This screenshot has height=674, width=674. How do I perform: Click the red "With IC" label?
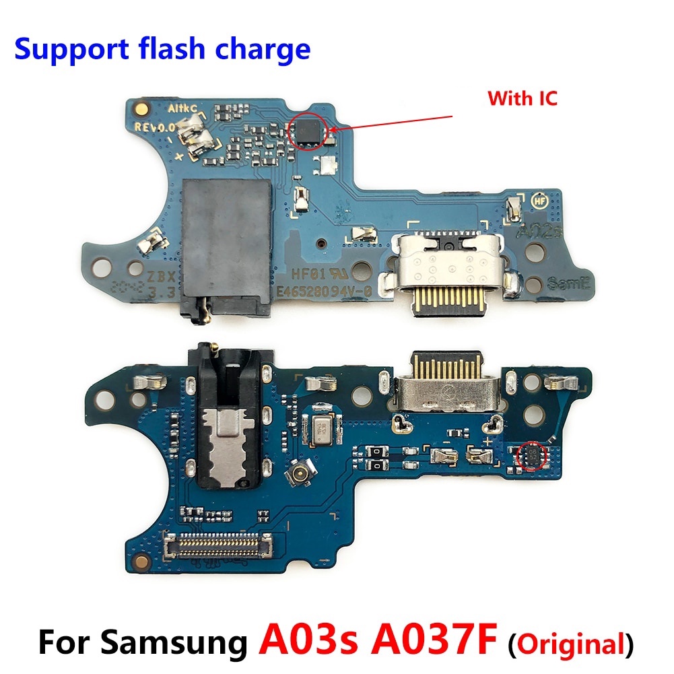pyautogui.click(x=523, y=99)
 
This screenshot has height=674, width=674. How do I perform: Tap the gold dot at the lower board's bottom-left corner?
pyautogui.click(x=140, y=561)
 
